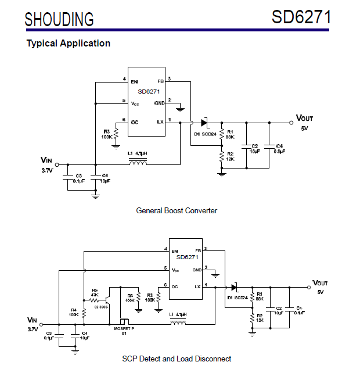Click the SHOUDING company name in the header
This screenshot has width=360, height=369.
tap(59, 19)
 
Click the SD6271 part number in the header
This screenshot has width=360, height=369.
tap(301, 17)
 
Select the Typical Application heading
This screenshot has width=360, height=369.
tap(68, 43)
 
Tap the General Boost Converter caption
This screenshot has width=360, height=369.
tap(177, 210)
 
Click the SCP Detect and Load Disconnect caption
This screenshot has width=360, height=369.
tap(177, 359)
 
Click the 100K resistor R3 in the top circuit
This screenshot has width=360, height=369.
tap(116, 134)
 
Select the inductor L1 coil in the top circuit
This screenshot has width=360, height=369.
tap(138, 162)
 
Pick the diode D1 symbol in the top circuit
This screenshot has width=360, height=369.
tap(204, 123)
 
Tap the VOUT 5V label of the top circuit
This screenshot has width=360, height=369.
tap(304, 122)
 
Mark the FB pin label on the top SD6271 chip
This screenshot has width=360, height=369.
tap(160, 81)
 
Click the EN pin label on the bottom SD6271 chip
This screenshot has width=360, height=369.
tap(174, 250)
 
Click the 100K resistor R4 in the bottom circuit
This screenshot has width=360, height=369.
tap(84, 312)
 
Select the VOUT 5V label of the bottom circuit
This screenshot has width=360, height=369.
tap(320, 286)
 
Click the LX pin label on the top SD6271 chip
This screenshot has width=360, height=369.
tap(160, 121)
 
